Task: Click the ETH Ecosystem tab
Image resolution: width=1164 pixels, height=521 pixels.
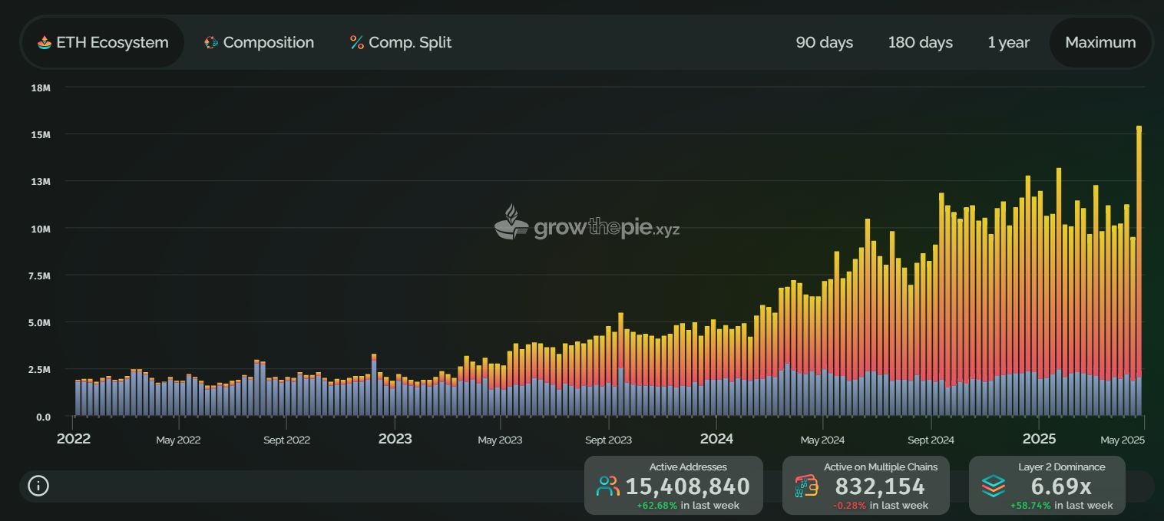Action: pos(103,43)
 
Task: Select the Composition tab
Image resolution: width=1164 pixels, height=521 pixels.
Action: pos(260,43)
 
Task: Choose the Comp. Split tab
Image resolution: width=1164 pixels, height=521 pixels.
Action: pos(401,43)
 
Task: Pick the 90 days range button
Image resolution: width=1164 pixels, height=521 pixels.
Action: pos(824,43)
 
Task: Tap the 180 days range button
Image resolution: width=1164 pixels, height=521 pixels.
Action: pos(920,43)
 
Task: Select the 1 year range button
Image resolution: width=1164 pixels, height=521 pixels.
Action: pos(1008,43)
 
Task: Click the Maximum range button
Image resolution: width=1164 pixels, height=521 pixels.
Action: pos(1100,43)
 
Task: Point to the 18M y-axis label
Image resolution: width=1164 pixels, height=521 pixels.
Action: pos(41,87)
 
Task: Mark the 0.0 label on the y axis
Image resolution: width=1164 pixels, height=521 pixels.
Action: pos(43,417)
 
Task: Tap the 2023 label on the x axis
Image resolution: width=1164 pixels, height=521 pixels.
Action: pos(395,439)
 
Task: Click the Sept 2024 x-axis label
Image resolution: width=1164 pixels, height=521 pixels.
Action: pos(931,440)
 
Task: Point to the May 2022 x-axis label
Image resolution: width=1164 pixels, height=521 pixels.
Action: pos(178,440)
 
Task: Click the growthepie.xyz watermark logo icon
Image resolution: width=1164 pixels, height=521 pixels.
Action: pos(511,223)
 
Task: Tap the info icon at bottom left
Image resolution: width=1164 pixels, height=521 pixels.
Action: pos(38,486)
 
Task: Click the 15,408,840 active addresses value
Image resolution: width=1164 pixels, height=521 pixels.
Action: pos(687,486)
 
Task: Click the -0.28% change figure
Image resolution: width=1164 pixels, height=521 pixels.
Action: pos(849,506)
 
